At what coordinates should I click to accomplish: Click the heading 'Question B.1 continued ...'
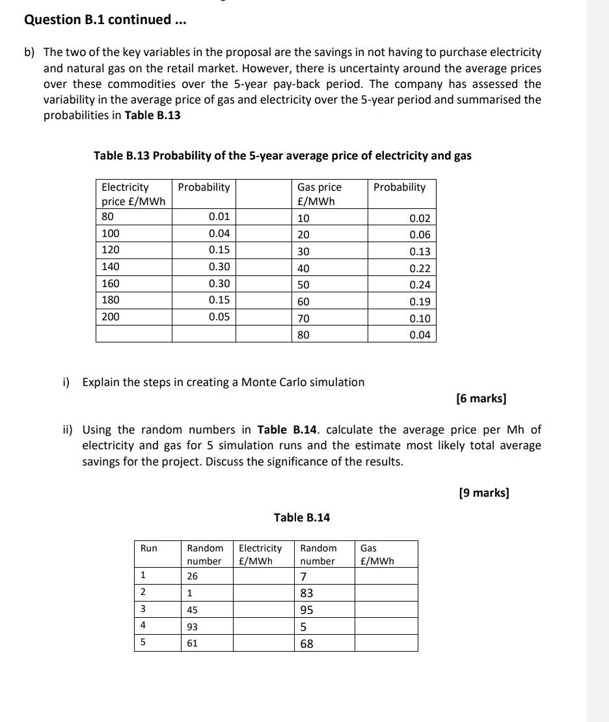pos(105,20)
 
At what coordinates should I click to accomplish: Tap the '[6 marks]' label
pos(481,398)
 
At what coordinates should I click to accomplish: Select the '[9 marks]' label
pos(483,493)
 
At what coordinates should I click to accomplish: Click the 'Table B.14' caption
pos(301,518)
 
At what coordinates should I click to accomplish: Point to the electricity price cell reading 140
pos(111,266)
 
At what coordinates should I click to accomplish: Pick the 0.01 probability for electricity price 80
pos(219,216)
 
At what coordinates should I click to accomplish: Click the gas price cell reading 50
pos(303,285)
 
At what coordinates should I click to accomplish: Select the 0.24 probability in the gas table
pos(420,285)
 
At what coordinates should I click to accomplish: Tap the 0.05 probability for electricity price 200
pos(219,317)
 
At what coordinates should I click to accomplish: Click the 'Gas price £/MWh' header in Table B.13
pos(319,193)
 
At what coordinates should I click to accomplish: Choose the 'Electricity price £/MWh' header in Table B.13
pos(133,193)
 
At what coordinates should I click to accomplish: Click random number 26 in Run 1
pos(193,576)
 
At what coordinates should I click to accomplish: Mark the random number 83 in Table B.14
pos(306,593)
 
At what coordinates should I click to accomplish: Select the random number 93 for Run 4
pos(193,627)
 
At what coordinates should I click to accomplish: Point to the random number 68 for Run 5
pos(306,644)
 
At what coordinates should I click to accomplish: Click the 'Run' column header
pos(149,548)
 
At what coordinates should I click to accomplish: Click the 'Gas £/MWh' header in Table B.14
pos(377,555)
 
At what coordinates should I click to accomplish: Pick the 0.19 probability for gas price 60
pos(420,302)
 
